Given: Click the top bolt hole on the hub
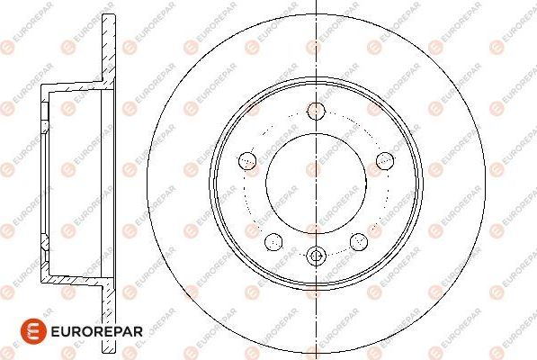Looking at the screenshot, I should pyautogui.click(x=316, y=111).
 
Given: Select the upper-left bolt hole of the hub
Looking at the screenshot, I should pyautogui.click(x=247, y=160).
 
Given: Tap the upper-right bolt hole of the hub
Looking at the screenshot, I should pyautogui.click(x=385, y=160).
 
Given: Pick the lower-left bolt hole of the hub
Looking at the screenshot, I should pyautogui.click(x=273, y=240).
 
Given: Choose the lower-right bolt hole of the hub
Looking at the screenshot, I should pyautogui.click(x=359, y=240).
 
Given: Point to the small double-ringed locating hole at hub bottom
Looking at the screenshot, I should pyautogui.click(x=316, y=256).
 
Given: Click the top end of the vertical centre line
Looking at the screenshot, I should pyautogui.click(x=316, y=3).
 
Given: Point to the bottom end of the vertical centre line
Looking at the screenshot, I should pyautogui.click(x=316, y=357).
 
